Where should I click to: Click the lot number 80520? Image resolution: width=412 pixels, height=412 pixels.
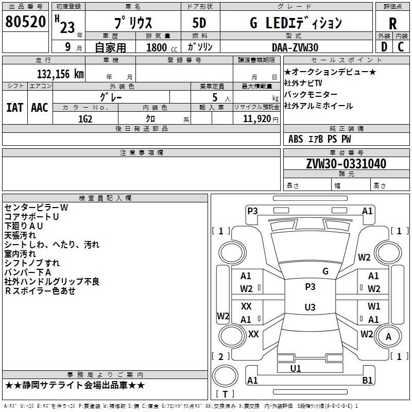25,23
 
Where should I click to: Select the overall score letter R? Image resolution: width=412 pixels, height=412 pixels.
392,23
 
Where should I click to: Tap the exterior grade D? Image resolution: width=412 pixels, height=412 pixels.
384,47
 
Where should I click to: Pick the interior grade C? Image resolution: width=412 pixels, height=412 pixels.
401,47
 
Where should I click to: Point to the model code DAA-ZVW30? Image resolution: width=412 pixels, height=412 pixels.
295,47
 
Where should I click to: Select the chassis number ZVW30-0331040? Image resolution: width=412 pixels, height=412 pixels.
346,164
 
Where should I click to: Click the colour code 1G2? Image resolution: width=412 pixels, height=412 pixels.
85,118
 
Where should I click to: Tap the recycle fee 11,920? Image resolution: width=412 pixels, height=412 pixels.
256,118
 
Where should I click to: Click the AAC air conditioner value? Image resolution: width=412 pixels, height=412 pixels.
40,108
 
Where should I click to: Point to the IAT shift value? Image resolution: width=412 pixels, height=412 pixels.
14,108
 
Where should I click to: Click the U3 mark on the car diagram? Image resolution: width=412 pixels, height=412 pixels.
310,307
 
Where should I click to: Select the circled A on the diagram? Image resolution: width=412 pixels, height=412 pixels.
389,337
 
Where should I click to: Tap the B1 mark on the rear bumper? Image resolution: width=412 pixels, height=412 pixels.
368,381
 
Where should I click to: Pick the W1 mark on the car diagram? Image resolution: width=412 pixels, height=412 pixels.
374,306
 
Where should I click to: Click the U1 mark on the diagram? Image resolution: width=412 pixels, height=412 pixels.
296,368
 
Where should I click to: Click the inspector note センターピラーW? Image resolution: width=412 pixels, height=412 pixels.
36,207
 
